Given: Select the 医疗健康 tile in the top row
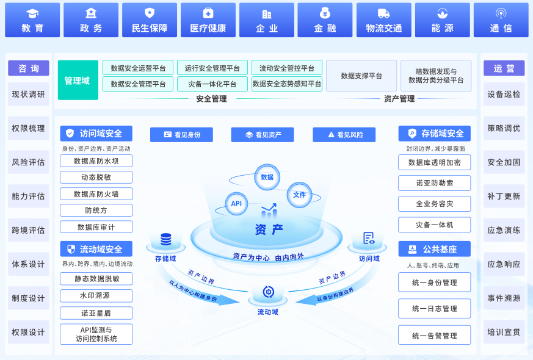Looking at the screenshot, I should click(208, 20).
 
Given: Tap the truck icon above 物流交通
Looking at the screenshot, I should click(383, 13).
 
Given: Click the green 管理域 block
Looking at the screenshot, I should click(78, 80).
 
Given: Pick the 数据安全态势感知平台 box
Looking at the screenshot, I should click(286, 84).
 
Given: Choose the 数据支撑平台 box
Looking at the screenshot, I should click(361, 76).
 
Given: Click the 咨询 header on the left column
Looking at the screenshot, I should click(28, 68).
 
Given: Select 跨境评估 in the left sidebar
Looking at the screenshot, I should click(28, 230).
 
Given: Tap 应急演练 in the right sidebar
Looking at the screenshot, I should click(504, 230).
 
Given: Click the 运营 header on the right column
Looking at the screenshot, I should click(504, 68).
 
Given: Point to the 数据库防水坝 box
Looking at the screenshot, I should click(96, 161).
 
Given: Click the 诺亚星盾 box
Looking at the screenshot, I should click(96, 312).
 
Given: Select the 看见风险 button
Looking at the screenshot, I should click(344, 135).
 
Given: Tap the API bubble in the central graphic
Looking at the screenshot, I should click(236, 203).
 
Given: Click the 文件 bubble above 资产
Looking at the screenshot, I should click(299, 195).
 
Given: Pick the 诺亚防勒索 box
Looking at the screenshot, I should click(434, 183).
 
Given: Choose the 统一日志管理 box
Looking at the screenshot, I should click(434, 309).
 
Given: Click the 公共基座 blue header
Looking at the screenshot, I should click(434, 249).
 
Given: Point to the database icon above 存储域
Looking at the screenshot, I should click(165, 240).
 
